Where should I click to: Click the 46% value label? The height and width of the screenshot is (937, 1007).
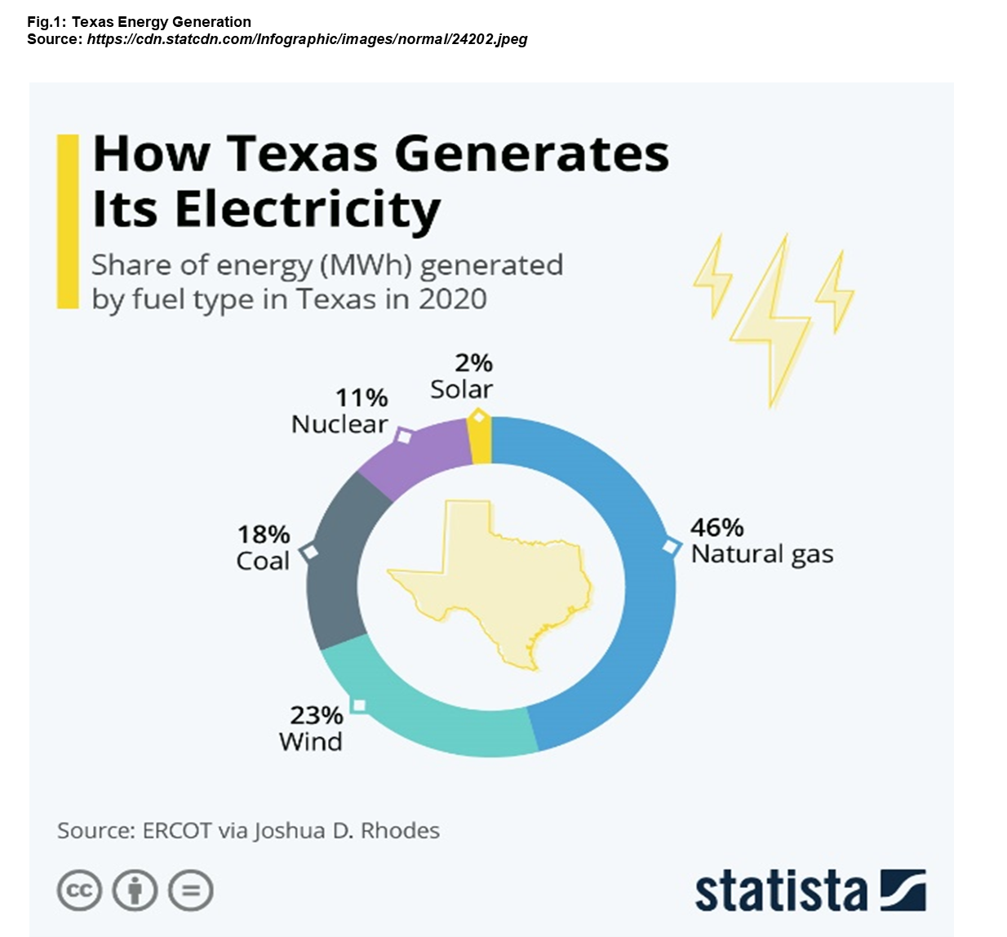(716, 527)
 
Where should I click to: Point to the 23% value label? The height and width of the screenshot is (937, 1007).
(316, 715)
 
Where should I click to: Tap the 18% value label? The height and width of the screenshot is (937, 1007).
(264, 535)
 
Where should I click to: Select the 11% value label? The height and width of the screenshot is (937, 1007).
(362, 397)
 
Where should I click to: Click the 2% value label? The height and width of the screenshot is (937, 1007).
(473, 362)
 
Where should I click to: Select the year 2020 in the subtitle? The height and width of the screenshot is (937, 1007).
(452, 299)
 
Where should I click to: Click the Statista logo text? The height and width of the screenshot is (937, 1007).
(781, 891)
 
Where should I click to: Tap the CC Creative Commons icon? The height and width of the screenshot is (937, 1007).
(79, 890)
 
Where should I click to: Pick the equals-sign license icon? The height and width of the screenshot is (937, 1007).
(191, 890)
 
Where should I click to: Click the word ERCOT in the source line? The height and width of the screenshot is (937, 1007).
(177, 831)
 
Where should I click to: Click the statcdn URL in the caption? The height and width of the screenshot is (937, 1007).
(307, 39)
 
